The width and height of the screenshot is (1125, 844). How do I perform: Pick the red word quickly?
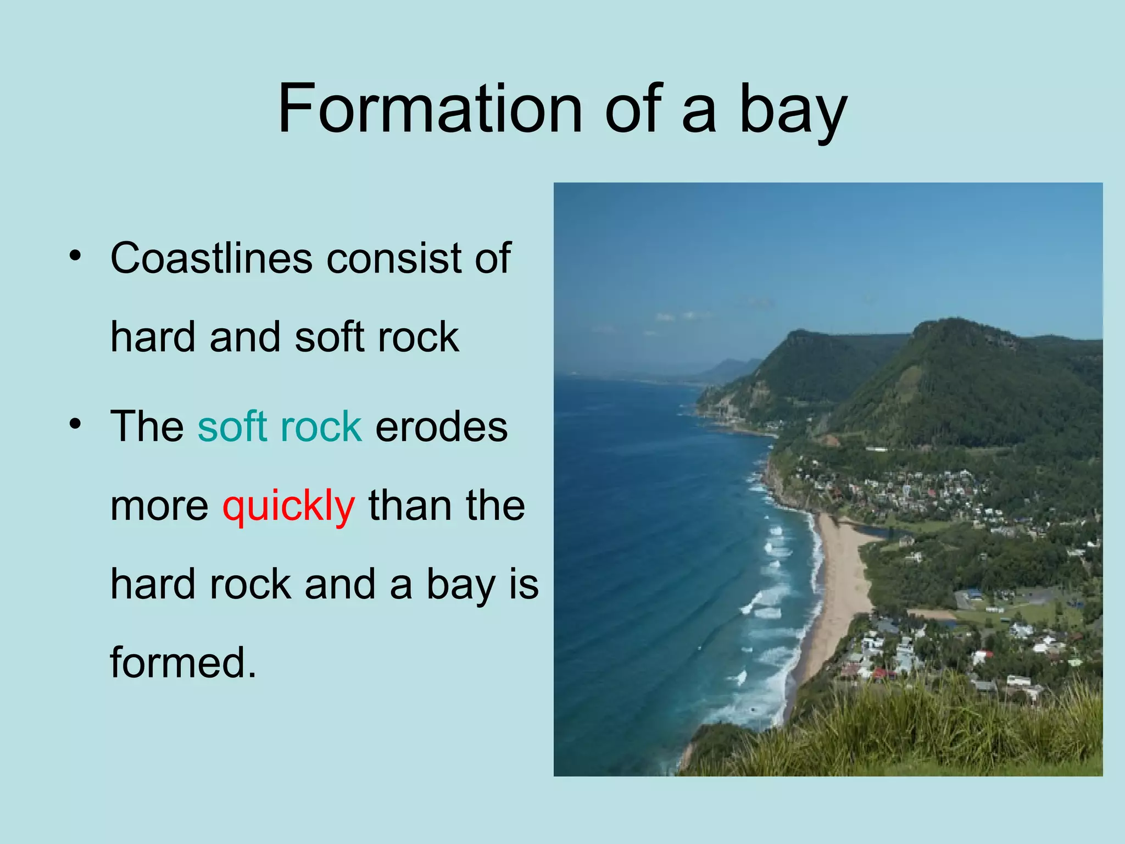click(288, 507)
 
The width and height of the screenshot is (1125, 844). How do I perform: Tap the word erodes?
click(441, 427)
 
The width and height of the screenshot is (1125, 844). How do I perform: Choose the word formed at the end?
click(183, 662)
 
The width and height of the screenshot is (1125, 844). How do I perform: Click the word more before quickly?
click(159, 507)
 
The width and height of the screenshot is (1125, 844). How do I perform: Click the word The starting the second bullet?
click(147, 426)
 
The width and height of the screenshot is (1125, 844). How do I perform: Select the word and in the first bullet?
click(244, 337)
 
